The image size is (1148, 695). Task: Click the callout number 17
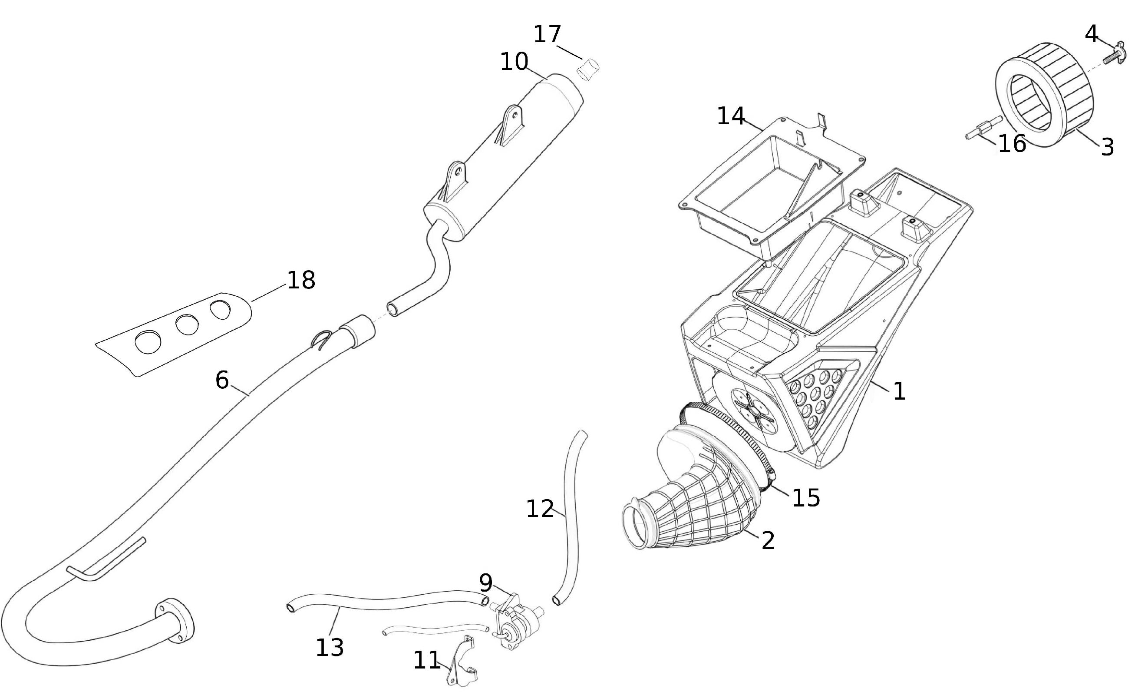tap(547, 34)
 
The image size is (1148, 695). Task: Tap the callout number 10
tap(514, 62)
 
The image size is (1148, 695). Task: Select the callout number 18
tap(301, 280)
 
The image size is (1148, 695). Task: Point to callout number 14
tap(731, 116)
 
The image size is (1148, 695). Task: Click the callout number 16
tap(1012, 144)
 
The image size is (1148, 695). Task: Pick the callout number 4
tap(1092, 34)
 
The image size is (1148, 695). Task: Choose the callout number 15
tap(806, 498)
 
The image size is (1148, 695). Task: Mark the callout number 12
tap(540, 509)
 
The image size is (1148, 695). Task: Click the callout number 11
tap(427, 660)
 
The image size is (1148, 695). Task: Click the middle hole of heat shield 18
tap(187, 324)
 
